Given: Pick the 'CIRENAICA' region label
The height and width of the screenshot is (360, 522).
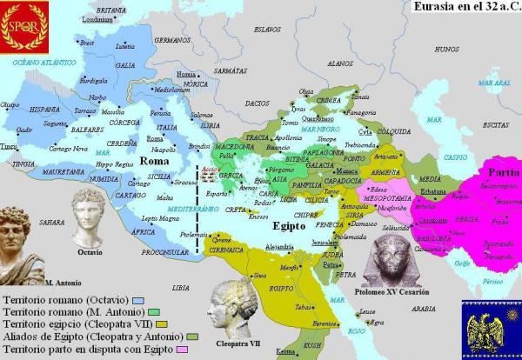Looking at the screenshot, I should click(224, 249).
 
